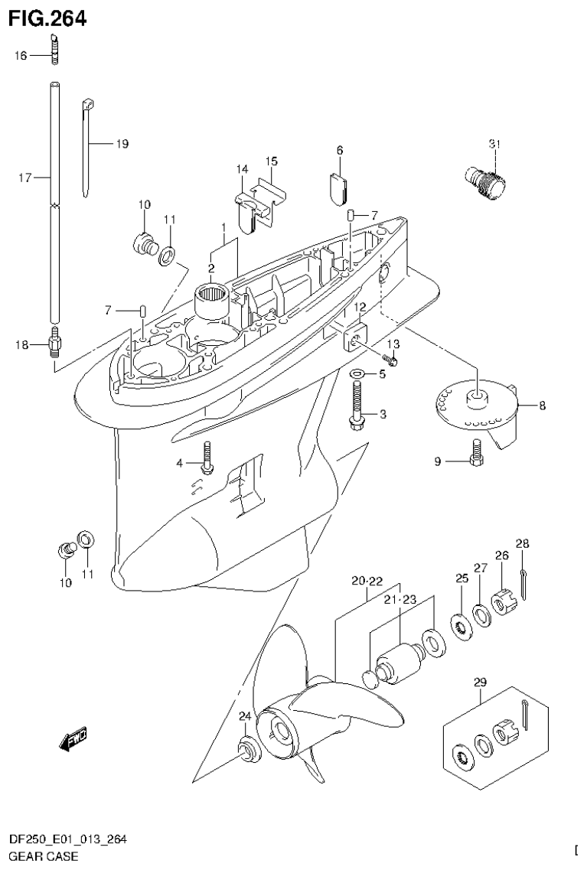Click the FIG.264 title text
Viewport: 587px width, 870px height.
47,18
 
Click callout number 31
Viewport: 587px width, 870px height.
494,144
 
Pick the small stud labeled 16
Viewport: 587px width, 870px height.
55,56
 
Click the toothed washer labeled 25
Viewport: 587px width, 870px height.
462,624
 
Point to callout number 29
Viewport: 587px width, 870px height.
480,681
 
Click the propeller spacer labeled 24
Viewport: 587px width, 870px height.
248,749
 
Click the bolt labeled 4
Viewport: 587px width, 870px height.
207,457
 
